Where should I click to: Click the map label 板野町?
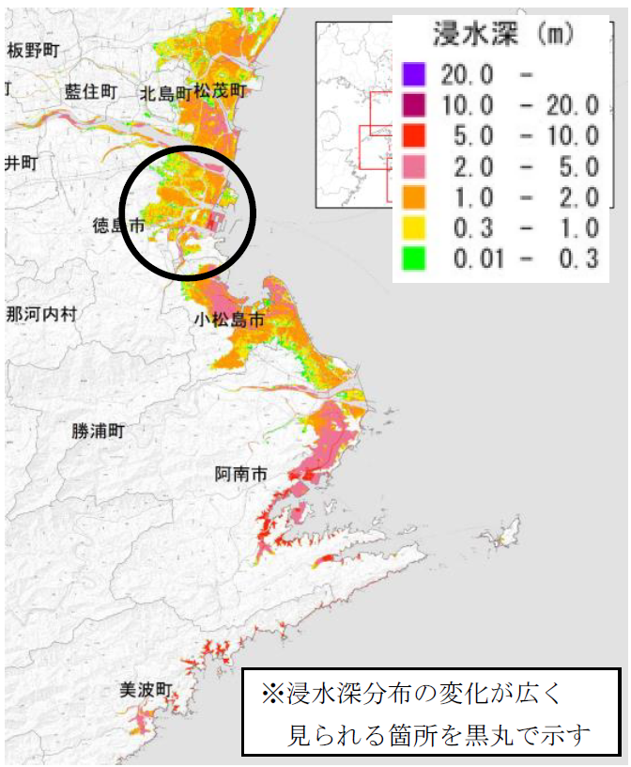click(x=33, y=50)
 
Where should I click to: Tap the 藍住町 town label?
click(x=91, y=91)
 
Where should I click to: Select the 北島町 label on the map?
click(x=165, y=93)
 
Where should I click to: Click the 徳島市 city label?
click(x=118, y=226)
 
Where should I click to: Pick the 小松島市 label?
click(x=229, y=320)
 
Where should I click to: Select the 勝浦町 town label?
click(x=98, y=431)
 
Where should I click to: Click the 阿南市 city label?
click(x=241, y=475)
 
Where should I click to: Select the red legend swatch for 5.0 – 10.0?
click(x=414, y=135)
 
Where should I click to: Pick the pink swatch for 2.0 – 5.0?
click(x=414, y=166)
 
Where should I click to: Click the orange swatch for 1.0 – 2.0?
click(x=414, y=196)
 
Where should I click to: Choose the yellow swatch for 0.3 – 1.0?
click(x=414, y=227)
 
